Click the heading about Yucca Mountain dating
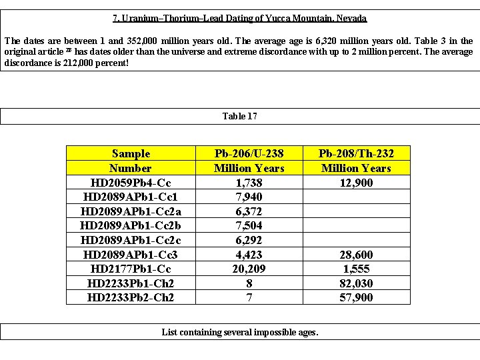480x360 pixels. click(240, 18)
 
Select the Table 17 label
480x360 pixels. click(240, 116)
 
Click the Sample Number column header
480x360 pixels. click(131, 161)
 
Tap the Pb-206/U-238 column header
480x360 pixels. click(249, 161)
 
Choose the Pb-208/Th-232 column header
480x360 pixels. click(356, 161)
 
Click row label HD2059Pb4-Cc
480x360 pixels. click(131, 183)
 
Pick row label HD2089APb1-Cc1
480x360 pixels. click(131, 197)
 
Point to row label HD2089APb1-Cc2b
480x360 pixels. click(131, 226)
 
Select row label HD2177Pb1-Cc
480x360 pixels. click(131, 269)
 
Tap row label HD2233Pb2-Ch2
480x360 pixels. click(131, 298)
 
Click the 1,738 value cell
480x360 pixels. click(249, 183)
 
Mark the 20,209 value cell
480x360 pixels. click(249, 269)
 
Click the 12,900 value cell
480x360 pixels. click(356, 183)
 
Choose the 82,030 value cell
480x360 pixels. click(356, 283)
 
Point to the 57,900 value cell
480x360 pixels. click(356, 298)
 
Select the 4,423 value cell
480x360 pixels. click(249, 255)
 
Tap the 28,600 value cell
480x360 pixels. click(356, 255)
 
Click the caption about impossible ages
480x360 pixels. click(240, 331)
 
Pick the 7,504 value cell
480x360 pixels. click(249, 226)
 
